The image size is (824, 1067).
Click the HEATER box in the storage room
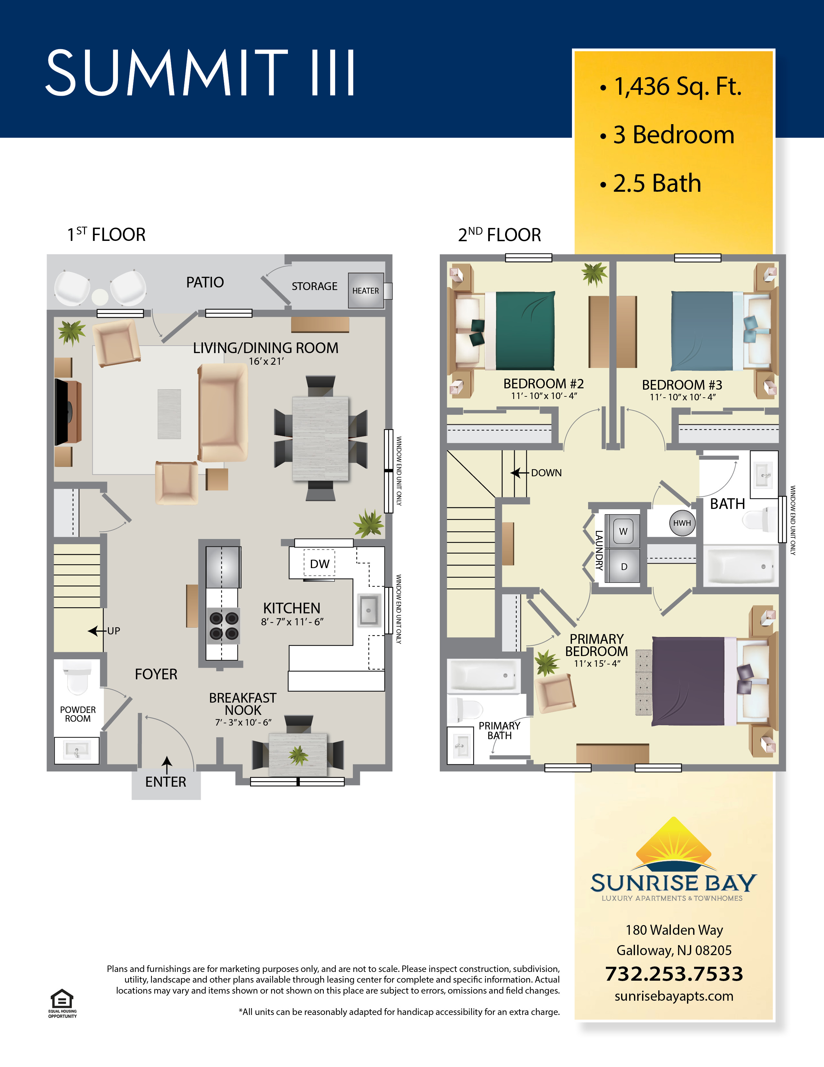(365, 290)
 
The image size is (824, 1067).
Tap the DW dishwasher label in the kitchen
(320, 564)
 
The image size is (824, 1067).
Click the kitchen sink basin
(369, 610)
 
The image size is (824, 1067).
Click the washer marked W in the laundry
(622, 531)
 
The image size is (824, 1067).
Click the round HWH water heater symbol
(682, 523)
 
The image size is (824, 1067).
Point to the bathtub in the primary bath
(484, 676)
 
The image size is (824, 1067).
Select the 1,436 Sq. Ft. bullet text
(678, 87)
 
